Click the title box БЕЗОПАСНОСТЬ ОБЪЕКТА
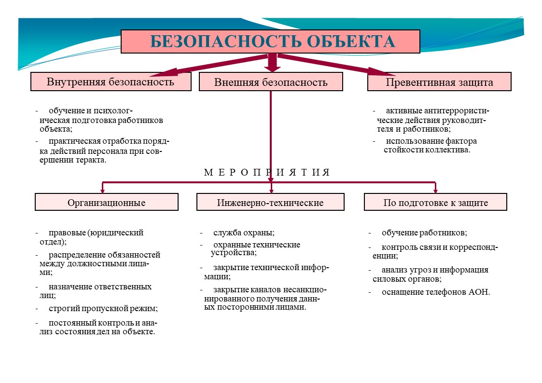(270, 41)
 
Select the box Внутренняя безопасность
(111, 82)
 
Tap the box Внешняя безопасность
(271, 82)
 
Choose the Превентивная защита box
(439, 82)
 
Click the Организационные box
(107, 202)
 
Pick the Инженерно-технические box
(270, 202)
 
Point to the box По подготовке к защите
(435, 202)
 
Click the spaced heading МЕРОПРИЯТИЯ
(267, 172)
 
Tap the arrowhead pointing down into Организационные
(102, 190)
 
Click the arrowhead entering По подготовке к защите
(435, 190)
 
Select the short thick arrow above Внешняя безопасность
(272, 63)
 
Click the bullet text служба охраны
(244, 233)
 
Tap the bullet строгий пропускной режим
(103, 308)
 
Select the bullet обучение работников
(424, 233)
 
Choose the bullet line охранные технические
(256, 245)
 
